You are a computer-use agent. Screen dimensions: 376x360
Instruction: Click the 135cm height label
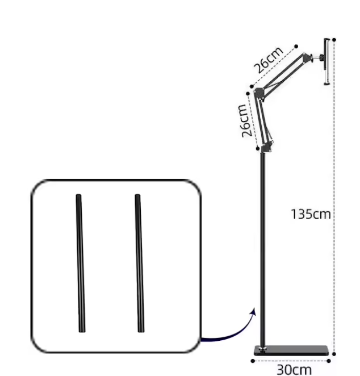tap(311, 214)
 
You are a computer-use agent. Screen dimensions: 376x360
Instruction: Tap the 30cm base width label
tap(294, 369)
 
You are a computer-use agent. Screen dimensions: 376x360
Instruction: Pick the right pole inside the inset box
tap(139, 264)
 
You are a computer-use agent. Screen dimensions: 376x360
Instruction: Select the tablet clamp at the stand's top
tap(327, 61)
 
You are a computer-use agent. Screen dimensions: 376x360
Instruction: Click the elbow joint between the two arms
tap(259, 92)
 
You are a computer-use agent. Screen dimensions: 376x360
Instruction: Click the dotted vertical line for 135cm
tap(334, 170)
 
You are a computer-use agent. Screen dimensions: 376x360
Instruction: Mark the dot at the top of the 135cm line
tap(334, 40)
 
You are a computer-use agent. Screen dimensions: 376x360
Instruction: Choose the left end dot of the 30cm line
tap(253, 360)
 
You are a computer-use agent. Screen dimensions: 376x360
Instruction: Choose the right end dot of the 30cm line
tap(329, 360)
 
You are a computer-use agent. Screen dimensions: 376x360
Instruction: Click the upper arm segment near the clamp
tap(284, 73)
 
